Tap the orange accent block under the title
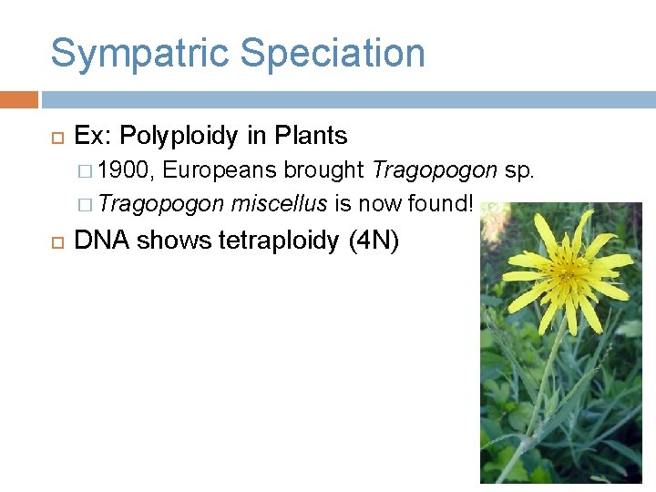click(18, 99)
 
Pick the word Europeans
click(221, 170)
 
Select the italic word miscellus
click(279, 203)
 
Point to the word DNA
click(102, 241)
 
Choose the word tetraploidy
click(280, 241)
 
